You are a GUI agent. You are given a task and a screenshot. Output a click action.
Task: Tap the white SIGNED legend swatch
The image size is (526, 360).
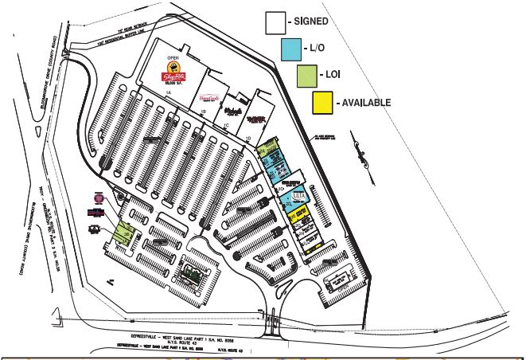275,23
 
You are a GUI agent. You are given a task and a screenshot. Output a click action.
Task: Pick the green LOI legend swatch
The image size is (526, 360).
306,76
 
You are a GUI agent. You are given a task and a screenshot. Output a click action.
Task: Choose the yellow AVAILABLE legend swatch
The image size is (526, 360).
322,103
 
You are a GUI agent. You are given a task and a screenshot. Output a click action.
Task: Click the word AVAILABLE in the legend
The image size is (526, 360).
366,104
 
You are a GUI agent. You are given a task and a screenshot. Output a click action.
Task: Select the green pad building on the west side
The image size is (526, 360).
124,233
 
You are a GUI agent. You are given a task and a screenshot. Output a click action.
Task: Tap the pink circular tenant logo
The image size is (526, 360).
99,198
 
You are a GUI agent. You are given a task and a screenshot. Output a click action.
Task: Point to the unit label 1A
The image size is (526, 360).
169,95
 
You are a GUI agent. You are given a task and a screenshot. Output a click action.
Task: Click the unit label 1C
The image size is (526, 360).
226,125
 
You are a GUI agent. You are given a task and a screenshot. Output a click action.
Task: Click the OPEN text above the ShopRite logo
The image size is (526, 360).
170,58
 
